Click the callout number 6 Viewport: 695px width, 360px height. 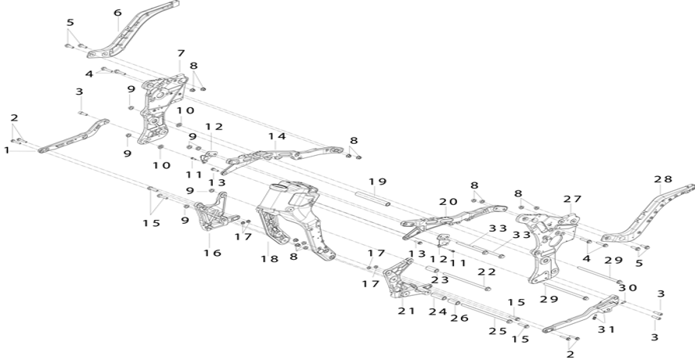tap(117, 13)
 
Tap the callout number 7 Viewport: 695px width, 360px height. tap(180, 53)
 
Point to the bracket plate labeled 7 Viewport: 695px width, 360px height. tap(162, 109)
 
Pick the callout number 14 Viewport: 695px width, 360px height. tap(277, 136)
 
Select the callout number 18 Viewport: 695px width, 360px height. tap(269, 258)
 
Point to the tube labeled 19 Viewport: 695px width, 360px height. tap(373, 198)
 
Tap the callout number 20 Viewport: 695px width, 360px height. tap(448, 202)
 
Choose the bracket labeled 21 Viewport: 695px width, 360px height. tap(403, 279)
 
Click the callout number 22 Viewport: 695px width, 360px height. tap(487, 272)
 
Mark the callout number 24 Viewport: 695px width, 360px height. tap(438, 311)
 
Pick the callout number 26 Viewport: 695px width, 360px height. tap(459, 318)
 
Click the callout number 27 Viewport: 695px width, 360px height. tap(572, 199)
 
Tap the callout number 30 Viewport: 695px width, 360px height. tap(628, 288)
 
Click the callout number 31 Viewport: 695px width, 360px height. tap(606, 329)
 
